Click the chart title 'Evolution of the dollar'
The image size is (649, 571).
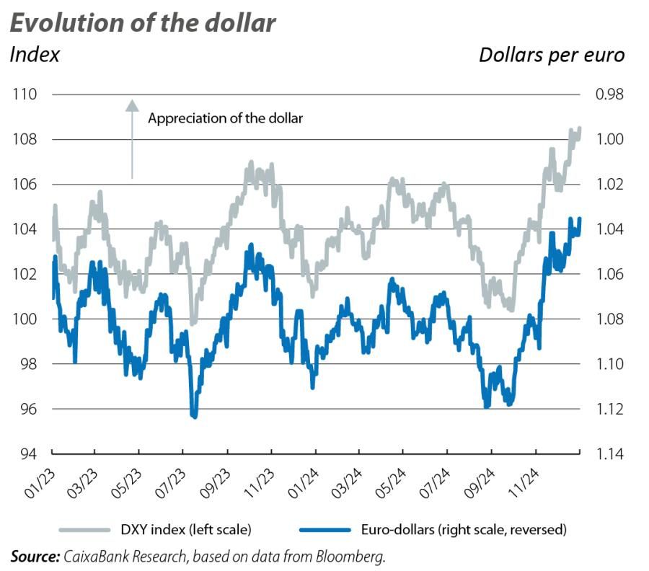(142, 22)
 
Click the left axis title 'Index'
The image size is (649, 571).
(34, 55)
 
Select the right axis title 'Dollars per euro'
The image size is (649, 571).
(552, 55)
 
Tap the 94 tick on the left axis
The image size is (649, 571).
(27, 454)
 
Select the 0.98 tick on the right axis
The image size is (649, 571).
(607, 94)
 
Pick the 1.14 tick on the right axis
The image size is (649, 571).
(607, 454)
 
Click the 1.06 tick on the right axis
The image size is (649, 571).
(607, 275)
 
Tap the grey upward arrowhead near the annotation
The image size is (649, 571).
(132, 105)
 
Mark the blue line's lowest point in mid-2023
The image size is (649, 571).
(193, 415)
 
